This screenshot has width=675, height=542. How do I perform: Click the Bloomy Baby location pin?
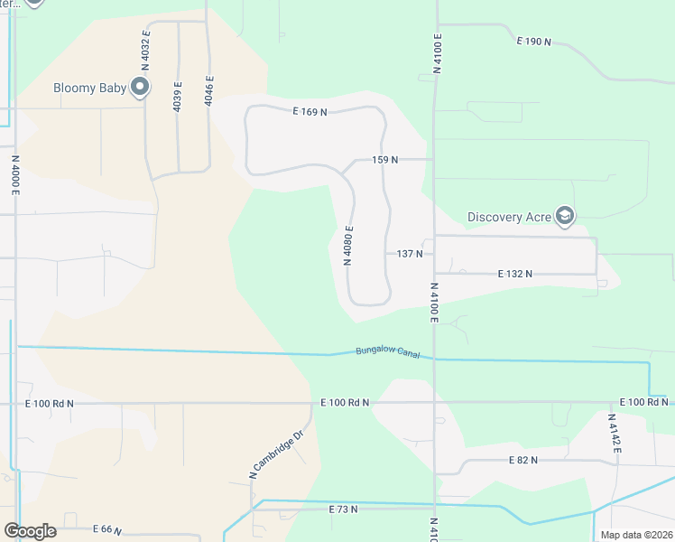point(140,88)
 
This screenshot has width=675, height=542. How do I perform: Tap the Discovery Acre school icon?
point(565,216)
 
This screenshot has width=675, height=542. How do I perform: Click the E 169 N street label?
point(310,112)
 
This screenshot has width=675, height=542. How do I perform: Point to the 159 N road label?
point(385,160)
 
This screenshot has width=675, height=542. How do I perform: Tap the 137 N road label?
point(410,255)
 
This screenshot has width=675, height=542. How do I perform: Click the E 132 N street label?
point(515,273)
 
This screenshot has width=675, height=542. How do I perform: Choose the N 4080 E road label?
point(347,245)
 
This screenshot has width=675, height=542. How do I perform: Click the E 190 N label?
point(533,42)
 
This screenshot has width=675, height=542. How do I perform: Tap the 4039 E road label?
point(178,96)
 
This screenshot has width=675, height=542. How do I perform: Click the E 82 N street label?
point(522,460)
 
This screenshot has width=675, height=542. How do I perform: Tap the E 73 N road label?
point(343,509)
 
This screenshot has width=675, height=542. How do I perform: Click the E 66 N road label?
point(106,529)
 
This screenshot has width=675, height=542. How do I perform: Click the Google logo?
point(30,531)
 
